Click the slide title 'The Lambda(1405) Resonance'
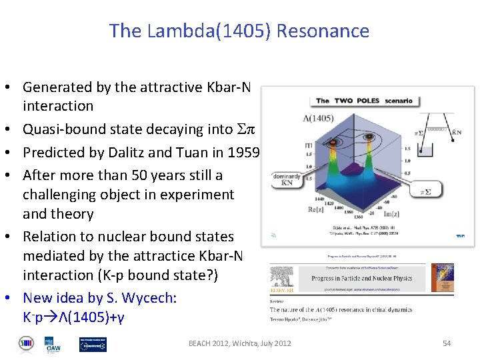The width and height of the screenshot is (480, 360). pyautogui.click(x=239, y=31)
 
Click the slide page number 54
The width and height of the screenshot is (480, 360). pyautogui.click(x=446, y=343)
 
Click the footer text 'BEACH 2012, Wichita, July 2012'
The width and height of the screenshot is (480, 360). pyautogui.click(x=239, y=343)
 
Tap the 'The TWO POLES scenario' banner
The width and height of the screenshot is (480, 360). pyautogui.click(x=364, y=101)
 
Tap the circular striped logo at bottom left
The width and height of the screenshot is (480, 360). pyautogui.click(x=27, y=344)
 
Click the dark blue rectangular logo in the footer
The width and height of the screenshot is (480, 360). pyautogui.click(x=93, y=344)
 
